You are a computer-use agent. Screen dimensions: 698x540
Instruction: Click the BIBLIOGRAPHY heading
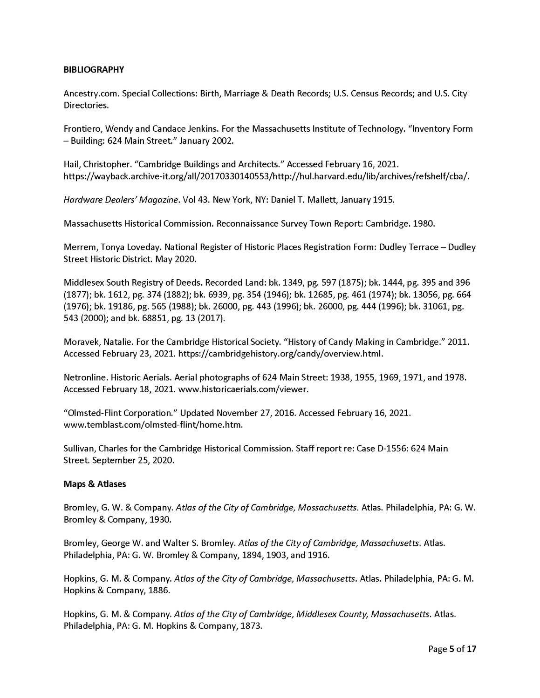pyautogui.click(x=94, y=70)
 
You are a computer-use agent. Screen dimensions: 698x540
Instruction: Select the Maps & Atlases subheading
pyautogui.click(x=95, y=484)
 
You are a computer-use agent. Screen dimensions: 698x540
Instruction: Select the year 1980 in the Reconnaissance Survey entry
pyautogui.click(x=425, y=223)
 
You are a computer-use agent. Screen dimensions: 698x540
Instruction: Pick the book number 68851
pyautogui.click(x=140, y=318)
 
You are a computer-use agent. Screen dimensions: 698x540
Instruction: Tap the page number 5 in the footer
pyautogui.click(x=451, y=650)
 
